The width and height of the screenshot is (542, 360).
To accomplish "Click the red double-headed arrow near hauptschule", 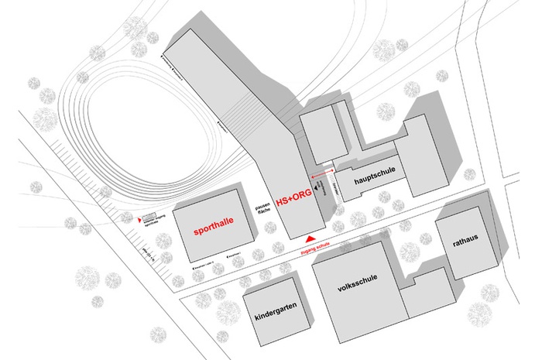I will click(323, 171).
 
